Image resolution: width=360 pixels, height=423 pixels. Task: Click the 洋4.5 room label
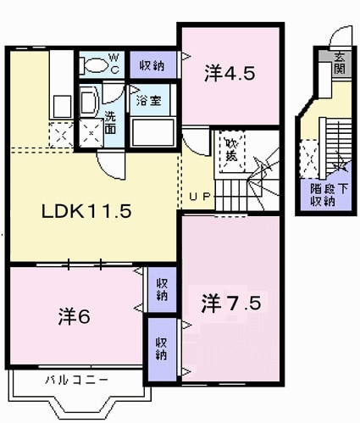(229, 74)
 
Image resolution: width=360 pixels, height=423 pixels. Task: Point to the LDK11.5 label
(86, 212)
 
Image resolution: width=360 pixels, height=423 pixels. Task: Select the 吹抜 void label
(231, 149)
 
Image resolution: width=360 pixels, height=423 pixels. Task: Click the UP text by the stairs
(200, 198)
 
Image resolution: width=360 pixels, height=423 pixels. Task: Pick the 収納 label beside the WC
(152, 64)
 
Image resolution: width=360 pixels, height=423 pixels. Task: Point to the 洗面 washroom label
(111, 122)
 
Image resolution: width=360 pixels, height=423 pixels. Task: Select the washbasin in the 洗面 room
(88, 103)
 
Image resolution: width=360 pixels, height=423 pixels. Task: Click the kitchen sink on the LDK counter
(62, 106)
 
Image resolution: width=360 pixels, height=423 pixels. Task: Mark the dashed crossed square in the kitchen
(61, 135)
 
